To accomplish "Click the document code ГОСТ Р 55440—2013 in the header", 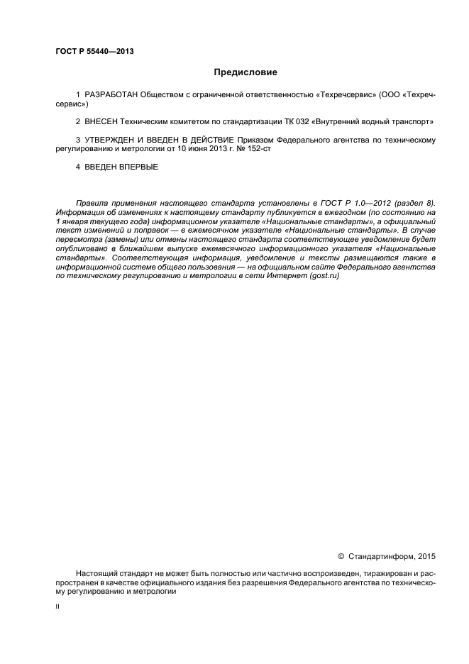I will coord(94,52).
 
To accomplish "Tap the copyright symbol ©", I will coord(341,556).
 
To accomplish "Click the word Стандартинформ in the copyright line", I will coord(381,556).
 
